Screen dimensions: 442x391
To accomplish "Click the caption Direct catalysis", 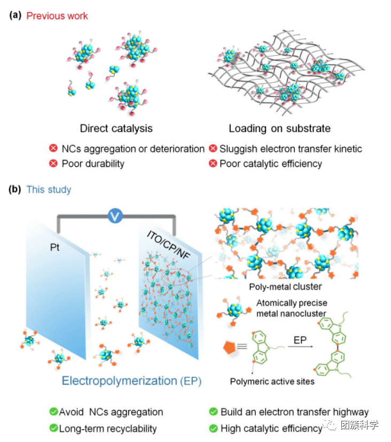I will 116,128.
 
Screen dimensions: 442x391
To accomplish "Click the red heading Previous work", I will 57,15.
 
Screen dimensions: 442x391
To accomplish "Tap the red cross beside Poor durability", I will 53,164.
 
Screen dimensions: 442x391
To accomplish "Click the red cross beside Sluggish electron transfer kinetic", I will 213,149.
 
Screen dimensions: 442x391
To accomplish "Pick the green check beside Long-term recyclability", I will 53,428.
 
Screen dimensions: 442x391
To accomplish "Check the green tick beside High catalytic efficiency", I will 213,428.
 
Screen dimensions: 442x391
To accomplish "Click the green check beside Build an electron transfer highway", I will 213,412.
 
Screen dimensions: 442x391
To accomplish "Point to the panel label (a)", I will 14,15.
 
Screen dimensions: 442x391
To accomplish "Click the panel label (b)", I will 14,189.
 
